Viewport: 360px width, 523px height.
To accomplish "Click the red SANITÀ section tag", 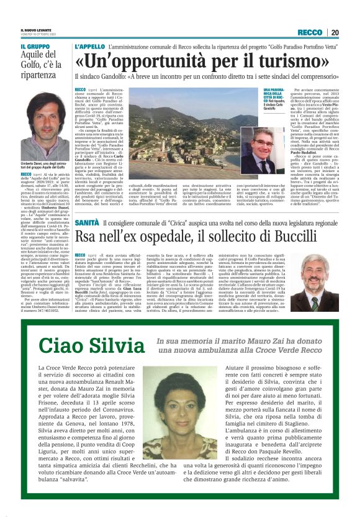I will (86, 222).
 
